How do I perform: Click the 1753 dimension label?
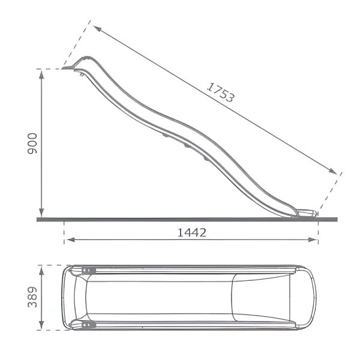pyautogui.click(x=221, y=92)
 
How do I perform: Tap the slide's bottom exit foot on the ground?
pyautogui.click(x=306, y=214)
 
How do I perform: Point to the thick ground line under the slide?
pyautogui.click(x=180, y=219)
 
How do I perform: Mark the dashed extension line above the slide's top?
pyautogui.click(x=77, y=45)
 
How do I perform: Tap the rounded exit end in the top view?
pyautogui.click(x=312, y=297)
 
